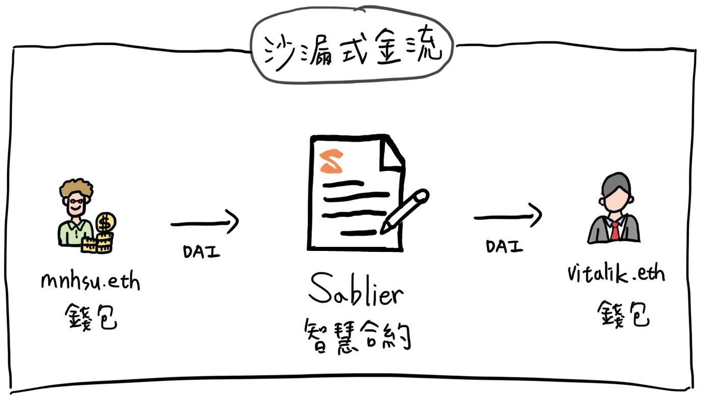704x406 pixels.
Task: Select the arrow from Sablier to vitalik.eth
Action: point(508,216)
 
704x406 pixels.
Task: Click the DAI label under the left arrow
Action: point(201,251)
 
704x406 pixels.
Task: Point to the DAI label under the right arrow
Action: point(504,246)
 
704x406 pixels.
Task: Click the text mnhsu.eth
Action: point(90,282)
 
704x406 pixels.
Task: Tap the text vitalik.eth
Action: point(616,274)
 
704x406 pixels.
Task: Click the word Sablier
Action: point(356,292)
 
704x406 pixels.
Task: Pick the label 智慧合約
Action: point(357,335)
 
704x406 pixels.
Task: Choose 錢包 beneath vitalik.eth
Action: point(623,313)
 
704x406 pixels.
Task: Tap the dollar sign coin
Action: point(106,222)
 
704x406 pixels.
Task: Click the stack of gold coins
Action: point(98,244)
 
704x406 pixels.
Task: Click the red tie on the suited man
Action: point(615,231)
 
